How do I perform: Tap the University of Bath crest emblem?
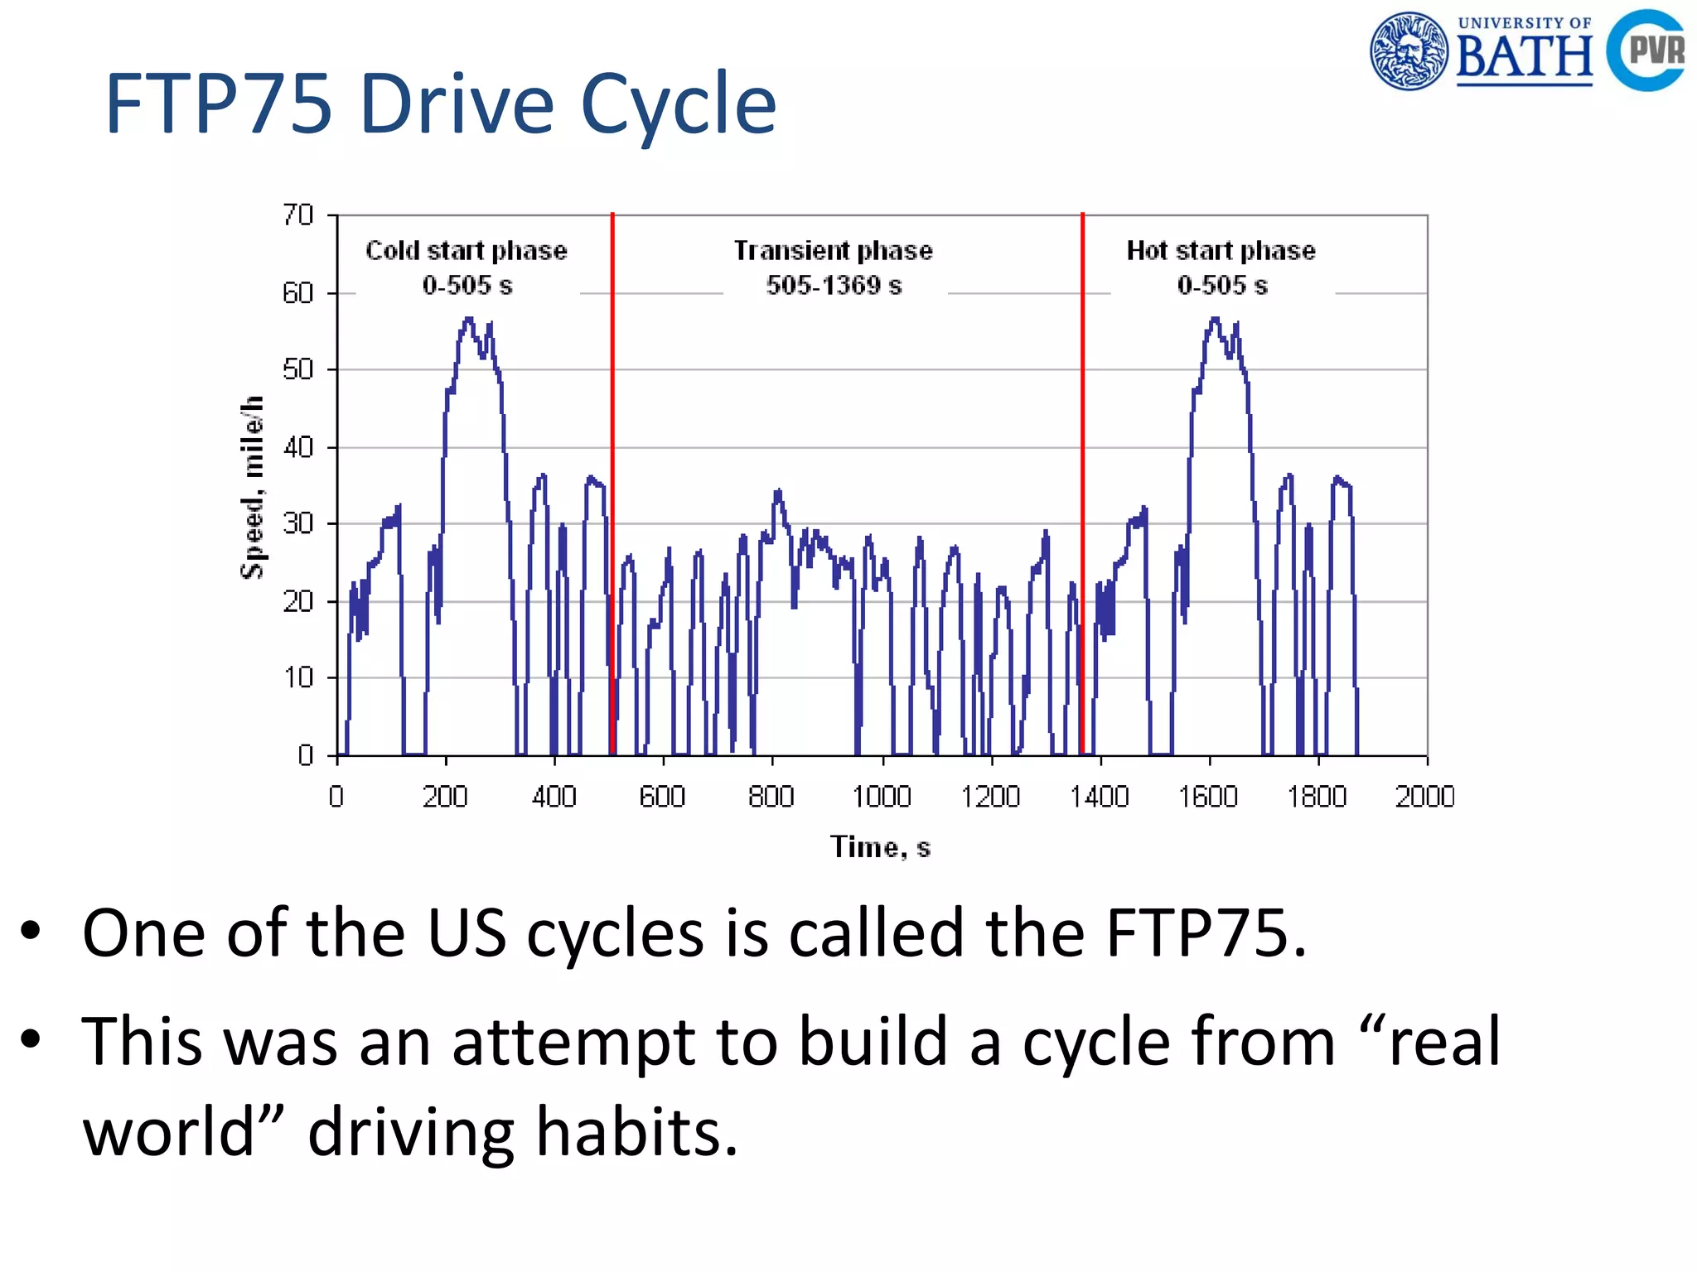tap(1409, 51)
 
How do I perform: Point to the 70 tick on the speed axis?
tap(298, 215)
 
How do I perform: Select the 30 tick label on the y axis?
tap(298, 523)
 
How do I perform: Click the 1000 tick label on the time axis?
tap(882, 797)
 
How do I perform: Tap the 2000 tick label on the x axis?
tap(1424, 797)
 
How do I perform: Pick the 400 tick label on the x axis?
tap(554, 797)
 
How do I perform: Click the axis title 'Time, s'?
tap(880, 847)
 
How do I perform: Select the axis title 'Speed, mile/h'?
tap(252, 487)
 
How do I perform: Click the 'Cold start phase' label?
tap(467, 250)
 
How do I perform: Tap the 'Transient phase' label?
tap(833, 250)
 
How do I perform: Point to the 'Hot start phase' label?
tap(1221, 250)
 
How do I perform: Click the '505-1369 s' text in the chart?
tap(834, 285)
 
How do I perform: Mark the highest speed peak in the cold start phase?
tap(469, 319)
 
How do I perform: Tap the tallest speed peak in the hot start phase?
tap(1215, 319)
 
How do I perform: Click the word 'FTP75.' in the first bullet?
tap(1206, 933)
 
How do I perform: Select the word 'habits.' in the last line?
tap(636, 1131)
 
